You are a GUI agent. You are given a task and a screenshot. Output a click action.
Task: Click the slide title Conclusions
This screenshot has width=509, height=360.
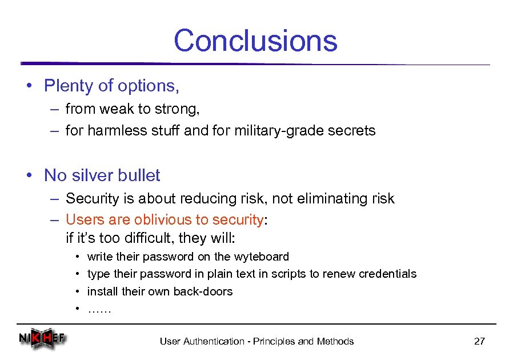255,41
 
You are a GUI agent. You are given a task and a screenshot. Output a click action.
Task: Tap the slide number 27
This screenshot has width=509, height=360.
479,341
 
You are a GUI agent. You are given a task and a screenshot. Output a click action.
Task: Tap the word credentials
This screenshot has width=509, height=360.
388,274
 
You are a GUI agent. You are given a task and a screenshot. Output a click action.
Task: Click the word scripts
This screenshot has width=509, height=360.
288,274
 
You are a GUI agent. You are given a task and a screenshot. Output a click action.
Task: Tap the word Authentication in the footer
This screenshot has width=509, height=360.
213,341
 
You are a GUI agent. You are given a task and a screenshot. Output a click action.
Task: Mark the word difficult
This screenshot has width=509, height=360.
135,237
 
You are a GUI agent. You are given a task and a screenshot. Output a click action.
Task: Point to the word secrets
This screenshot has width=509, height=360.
352,131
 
